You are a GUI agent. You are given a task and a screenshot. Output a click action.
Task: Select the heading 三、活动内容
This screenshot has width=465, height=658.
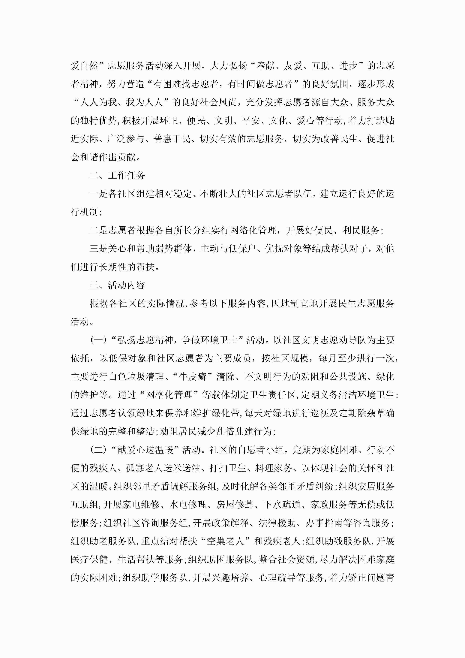[x=117, y=285]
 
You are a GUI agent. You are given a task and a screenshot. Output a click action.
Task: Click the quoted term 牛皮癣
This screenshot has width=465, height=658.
[x=193, y=377]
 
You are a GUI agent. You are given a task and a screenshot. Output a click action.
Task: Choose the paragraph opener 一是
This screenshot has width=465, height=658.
[x=99, y=194]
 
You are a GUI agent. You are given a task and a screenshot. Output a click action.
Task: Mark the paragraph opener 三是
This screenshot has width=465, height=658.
[x=99, y=249]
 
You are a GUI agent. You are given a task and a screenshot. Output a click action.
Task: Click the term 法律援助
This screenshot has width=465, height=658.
[x=277, y=523]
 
